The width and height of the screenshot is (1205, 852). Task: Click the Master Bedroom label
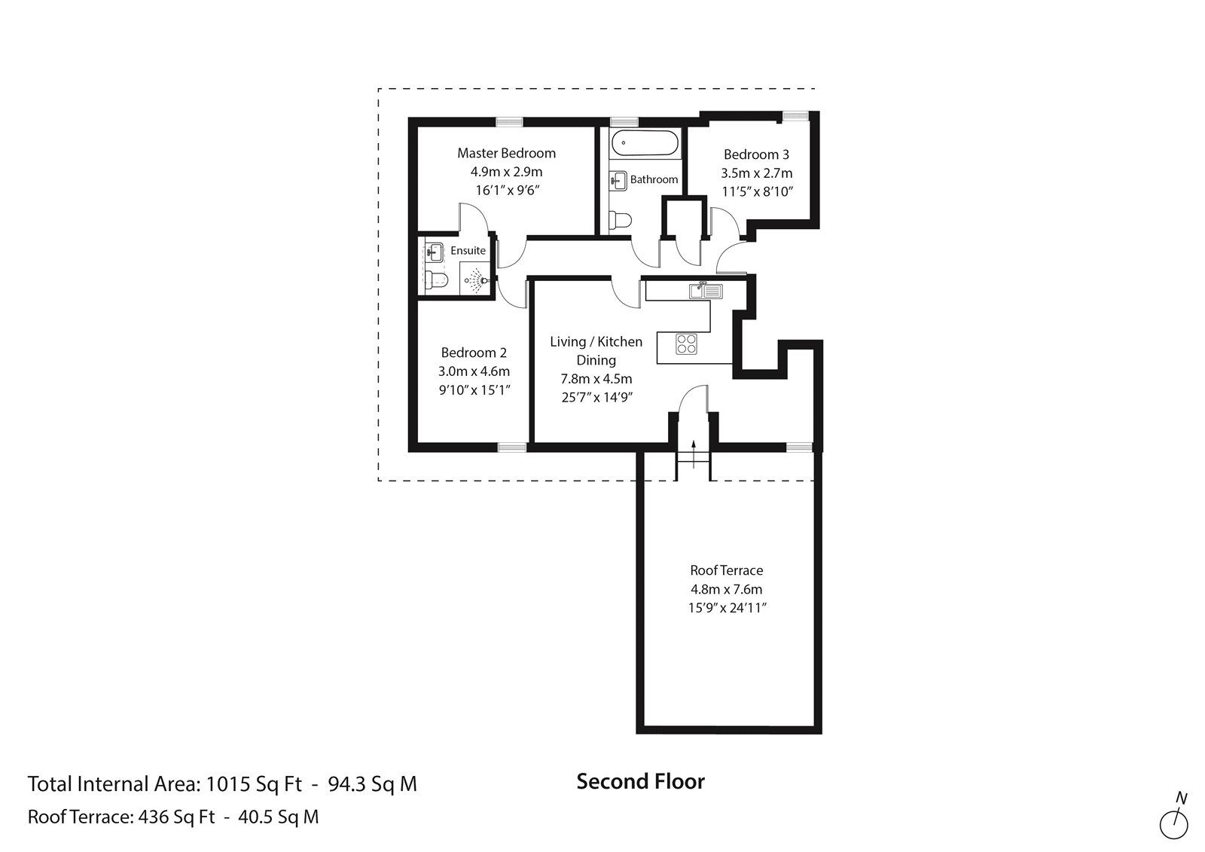tap(506, 153)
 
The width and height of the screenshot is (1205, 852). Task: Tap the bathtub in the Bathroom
tap(645, 143)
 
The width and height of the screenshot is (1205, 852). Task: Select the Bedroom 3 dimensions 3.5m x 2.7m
tap(756, 173)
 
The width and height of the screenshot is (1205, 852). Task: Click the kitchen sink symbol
tap(705, 290)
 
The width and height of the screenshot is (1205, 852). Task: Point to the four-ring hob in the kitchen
tap(686, 344)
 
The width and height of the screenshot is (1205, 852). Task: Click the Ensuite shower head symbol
tap(474, 279)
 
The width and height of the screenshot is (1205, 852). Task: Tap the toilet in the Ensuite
tap(436, 281)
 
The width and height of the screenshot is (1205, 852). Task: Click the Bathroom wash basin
tap(618, 179)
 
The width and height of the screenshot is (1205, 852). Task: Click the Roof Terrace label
tap(726, 570)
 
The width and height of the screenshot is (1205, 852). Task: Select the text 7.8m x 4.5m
tap(596, 379)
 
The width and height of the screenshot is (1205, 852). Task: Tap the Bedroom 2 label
tap(474, 353)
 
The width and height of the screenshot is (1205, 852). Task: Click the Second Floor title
tap(640, 782)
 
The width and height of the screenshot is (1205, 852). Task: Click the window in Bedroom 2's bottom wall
tap(511, 447)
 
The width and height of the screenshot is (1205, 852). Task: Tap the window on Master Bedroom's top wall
tap(510, 121)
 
